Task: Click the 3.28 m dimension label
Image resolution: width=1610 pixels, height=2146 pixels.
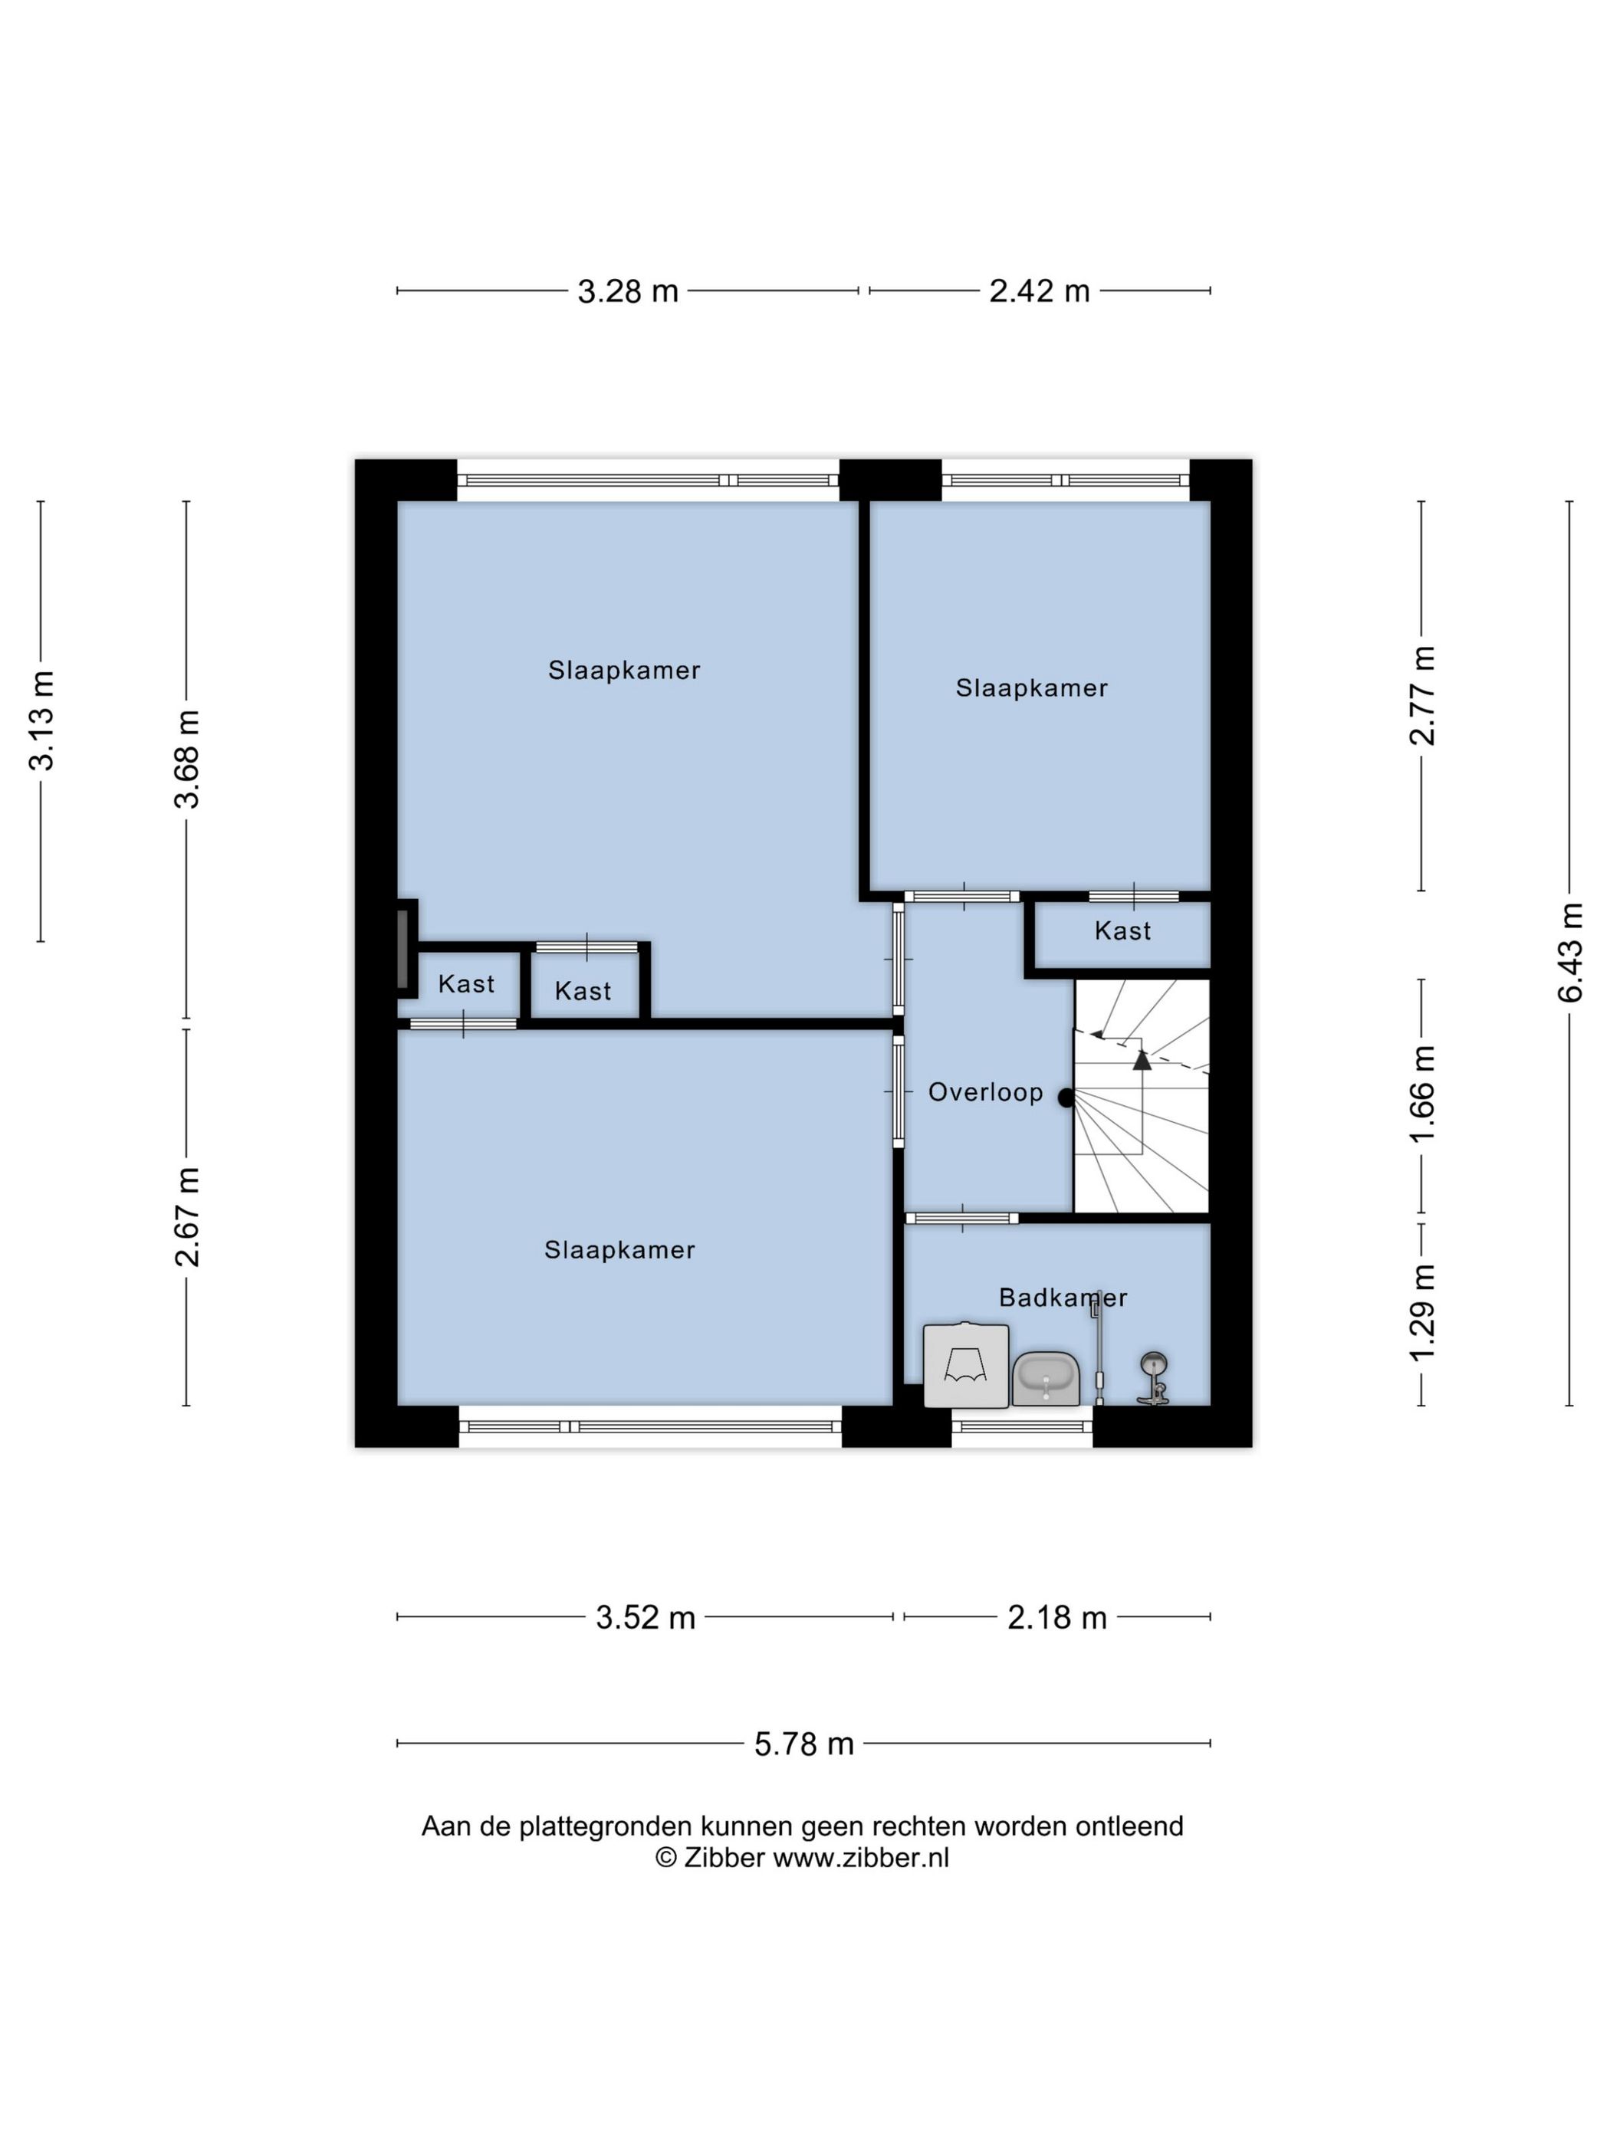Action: [628, 291]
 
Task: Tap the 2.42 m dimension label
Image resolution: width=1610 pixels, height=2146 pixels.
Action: [1040, 291]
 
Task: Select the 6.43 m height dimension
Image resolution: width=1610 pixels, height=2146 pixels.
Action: [1570, 953]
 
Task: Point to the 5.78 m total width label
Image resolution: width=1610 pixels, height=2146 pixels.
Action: [804, 1744]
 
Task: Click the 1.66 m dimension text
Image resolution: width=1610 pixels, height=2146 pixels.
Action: [1421, 1094]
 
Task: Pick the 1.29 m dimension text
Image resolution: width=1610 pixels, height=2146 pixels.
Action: [1421, 1313]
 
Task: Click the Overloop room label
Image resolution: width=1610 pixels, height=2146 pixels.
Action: [985, 1092]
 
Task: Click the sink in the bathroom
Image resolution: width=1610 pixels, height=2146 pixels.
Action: [1046, 1379]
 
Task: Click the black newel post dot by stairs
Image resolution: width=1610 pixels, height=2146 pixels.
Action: [1066, 1098]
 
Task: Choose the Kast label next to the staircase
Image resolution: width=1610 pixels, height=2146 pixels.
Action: [1123, 931]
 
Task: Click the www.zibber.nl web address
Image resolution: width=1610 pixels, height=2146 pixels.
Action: [861, 1858]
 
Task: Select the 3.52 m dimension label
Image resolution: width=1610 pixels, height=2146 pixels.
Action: [646, 1617]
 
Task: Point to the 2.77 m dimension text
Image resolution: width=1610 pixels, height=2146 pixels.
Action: [1421, 696]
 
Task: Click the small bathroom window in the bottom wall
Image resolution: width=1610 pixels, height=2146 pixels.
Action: [1022, 1426]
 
